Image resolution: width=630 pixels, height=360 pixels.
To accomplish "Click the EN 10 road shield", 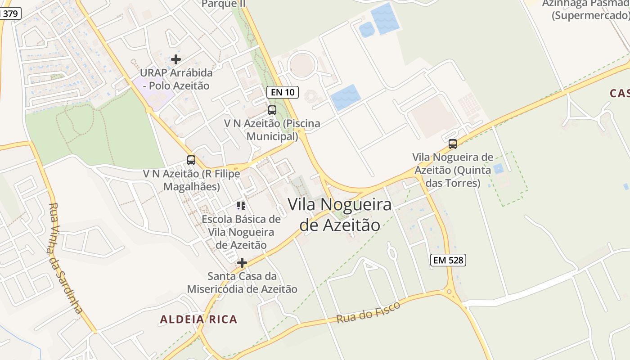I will click(x=283, y=92).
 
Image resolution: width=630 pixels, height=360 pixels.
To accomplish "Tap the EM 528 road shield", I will click(x=448, y=260).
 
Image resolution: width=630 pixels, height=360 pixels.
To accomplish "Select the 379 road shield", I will click(x=10, y=13).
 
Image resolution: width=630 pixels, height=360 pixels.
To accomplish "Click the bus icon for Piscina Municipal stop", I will click(x=272, y=110).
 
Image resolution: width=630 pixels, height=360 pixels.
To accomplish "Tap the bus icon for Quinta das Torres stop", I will click(x=453, y=144).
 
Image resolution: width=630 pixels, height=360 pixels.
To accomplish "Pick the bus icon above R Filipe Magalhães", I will click(x=191, y=160).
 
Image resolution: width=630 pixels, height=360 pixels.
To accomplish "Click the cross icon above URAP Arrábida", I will click(x=176, y=59).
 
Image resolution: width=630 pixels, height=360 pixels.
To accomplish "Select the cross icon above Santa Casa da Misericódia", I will click(x=242, y=263).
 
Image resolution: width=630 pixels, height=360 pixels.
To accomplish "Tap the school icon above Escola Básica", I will click(x=241, y=206).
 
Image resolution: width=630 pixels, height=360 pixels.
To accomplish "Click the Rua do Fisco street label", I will click(x=368, y=312).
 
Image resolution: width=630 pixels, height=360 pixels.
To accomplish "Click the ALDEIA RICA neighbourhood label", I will click(x=198, y=319).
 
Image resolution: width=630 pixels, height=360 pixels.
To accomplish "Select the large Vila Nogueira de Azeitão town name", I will click(x=340, y=215).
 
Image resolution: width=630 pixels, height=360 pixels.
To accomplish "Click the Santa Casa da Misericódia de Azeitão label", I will click(x=242, y=283).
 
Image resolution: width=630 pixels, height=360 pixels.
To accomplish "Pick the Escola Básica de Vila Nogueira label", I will click(x=241, y=232).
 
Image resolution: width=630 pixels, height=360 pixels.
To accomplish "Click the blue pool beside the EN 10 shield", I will click(x=346, y=97).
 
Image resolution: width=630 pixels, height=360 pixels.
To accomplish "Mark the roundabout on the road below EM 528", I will click(x=449, y=292).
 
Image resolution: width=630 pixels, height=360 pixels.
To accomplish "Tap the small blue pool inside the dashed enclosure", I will click(x=498, y=169).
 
